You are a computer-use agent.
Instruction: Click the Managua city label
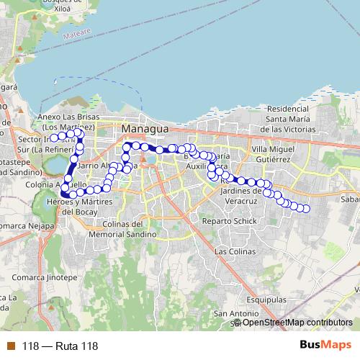[145, 128]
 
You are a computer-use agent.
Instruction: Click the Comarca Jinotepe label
[44, 277]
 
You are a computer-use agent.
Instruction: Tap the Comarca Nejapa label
[28, 245]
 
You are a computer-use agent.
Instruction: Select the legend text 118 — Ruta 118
[60, 346]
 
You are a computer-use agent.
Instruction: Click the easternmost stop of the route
[305, 209]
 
